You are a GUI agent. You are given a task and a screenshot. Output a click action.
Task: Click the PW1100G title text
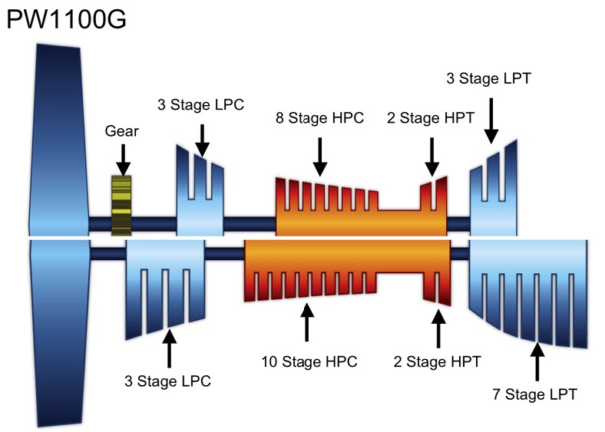66,19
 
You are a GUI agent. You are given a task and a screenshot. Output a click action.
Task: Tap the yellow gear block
121,206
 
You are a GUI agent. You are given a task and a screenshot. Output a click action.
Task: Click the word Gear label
121,131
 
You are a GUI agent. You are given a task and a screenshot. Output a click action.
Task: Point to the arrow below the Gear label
123,160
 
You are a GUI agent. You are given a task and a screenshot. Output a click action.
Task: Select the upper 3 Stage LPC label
200,104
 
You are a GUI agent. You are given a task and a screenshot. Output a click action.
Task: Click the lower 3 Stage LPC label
167,381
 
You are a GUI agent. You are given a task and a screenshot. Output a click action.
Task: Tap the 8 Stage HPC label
319,117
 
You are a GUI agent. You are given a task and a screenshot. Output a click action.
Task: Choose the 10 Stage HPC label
309,362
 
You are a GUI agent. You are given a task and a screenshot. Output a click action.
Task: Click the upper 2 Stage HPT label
431,117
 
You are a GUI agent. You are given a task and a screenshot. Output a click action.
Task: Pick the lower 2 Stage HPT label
437,362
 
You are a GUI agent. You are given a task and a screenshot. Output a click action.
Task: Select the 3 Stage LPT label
488,78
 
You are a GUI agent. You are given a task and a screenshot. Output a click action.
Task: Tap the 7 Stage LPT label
534,394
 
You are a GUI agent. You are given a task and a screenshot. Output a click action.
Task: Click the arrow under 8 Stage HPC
320,157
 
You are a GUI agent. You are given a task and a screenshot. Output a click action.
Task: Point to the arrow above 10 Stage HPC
307,322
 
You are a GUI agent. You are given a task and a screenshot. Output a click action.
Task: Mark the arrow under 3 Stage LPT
491,120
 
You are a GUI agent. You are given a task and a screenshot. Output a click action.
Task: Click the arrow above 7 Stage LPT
537,361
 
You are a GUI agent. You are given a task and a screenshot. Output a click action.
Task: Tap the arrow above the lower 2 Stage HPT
438,328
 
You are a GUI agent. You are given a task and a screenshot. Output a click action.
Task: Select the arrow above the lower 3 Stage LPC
169,348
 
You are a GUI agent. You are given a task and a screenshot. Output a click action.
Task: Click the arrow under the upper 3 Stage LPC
202,140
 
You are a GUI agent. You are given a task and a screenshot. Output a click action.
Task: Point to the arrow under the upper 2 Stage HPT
431,157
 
